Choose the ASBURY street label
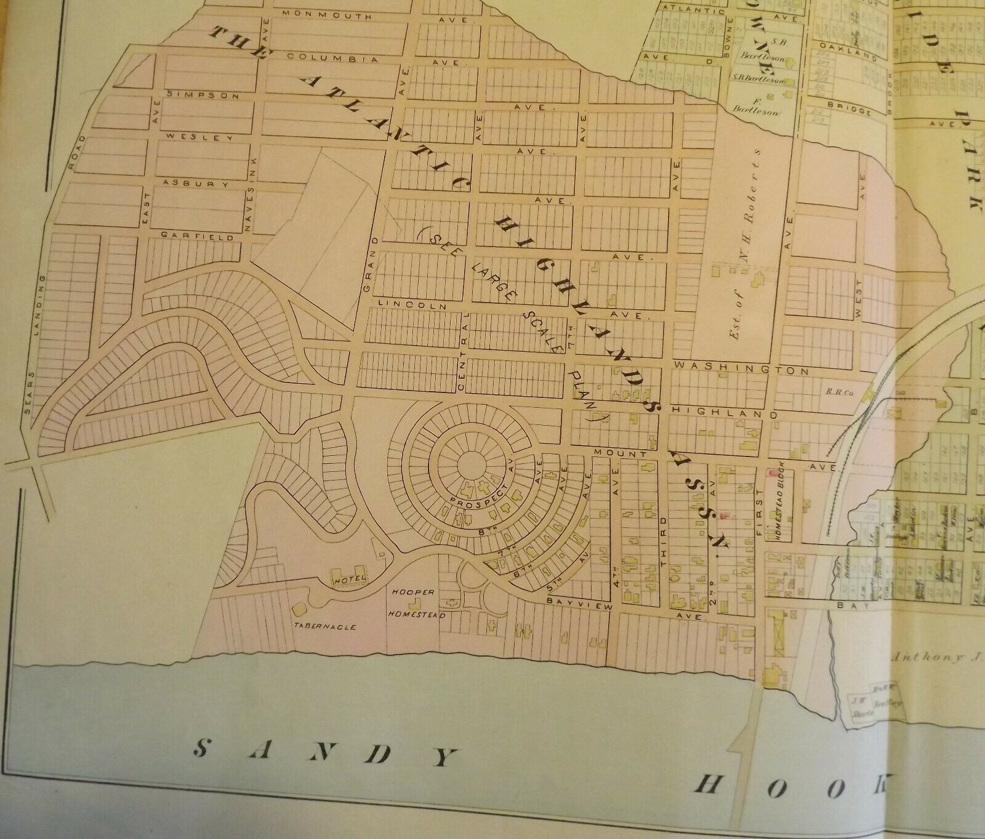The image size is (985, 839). point(196,184)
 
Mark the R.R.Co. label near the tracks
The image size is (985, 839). point(836,391)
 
